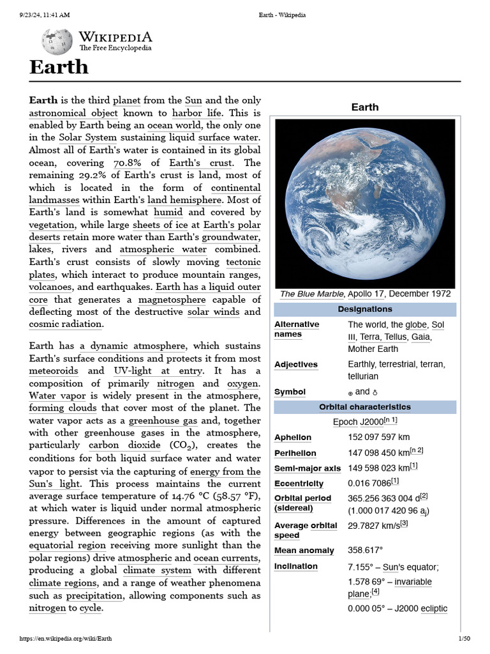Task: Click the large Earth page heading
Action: (x=59, y=67)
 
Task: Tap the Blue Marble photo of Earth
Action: (x=365, y=202)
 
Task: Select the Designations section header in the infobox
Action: (x=365, y=310)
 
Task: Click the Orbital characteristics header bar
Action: (x=365, y=407)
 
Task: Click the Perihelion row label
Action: (x=295, y=453)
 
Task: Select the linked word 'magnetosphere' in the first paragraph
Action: (x=172, y=300)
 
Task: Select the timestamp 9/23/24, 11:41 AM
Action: (x=45, y=15)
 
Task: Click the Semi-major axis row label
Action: (x=306, y=468)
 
